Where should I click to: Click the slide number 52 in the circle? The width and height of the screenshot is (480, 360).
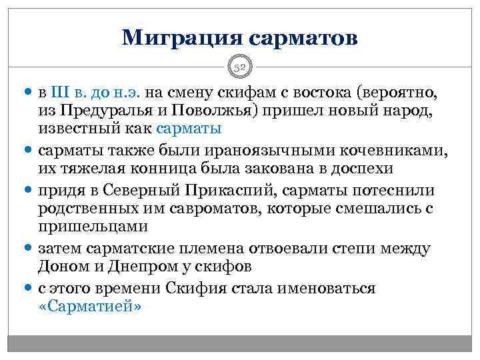click(240, 67)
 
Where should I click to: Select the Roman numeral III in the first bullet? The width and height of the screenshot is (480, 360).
click(61, 90)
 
